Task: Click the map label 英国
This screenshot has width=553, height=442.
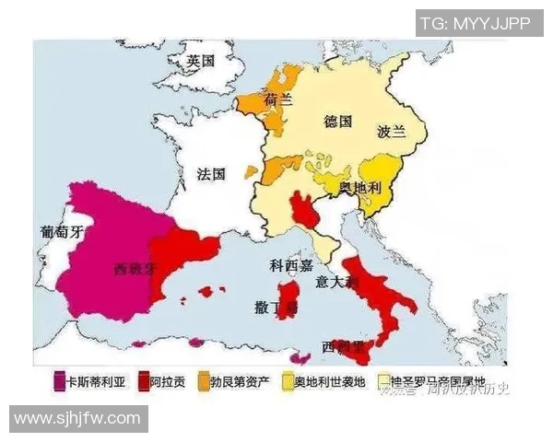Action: click(200, 62)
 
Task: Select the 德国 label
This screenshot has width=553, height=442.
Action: click(338, 121)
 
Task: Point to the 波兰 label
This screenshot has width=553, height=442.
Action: click(391, 132)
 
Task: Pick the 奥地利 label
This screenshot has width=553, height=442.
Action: click(359, 188)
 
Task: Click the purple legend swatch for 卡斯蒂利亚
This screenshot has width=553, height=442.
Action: click(60, 379)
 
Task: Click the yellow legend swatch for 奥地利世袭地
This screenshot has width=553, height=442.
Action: click(286, 379)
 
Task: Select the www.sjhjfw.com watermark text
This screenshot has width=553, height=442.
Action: click(77, 419)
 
